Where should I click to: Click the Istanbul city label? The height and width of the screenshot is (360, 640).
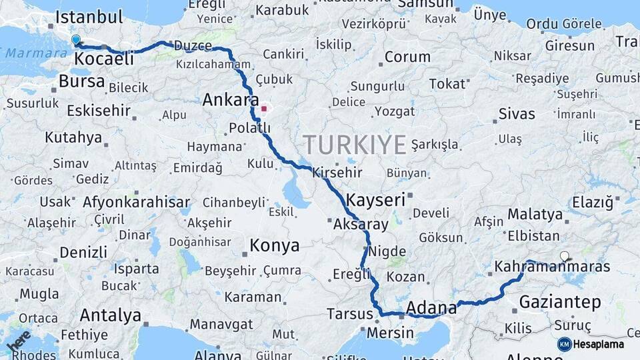tap(90, 17)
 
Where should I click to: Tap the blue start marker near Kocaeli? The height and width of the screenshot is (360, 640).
tap(75, 41)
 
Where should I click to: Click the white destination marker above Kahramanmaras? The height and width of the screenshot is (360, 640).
tap(565, 256)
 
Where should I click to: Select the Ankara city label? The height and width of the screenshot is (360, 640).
tap(230, 101)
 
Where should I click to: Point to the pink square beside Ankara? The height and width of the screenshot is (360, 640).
tap(264, 108)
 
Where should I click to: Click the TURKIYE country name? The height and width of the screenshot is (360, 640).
tap(355, 144)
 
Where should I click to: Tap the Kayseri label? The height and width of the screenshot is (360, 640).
tap(375, 199)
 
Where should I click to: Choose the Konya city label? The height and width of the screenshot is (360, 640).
tap(274, 246)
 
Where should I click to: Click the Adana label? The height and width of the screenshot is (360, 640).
tap(431, 307)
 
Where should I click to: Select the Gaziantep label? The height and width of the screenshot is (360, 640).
tap(560, 302)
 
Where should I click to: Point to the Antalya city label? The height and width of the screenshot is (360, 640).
tap(110, 315)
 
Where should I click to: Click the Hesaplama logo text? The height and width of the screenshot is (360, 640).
tap(599, 344)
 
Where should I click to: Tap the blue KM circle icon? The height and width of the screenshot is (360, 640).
tap(564, 344)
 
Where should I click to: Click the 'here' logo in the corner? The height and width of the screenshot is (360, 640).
tap(18, 341)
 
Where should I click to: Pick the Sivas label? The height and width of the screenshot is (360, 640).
tap(517, 113)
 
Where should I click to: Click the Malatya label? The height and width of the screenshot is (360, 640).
tap(535, 215)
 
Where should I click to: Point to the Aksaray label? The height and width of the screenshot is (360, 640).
tap(360, 224)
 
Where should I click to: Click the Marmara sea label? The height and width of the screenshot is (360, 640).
tap(28, 53)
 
